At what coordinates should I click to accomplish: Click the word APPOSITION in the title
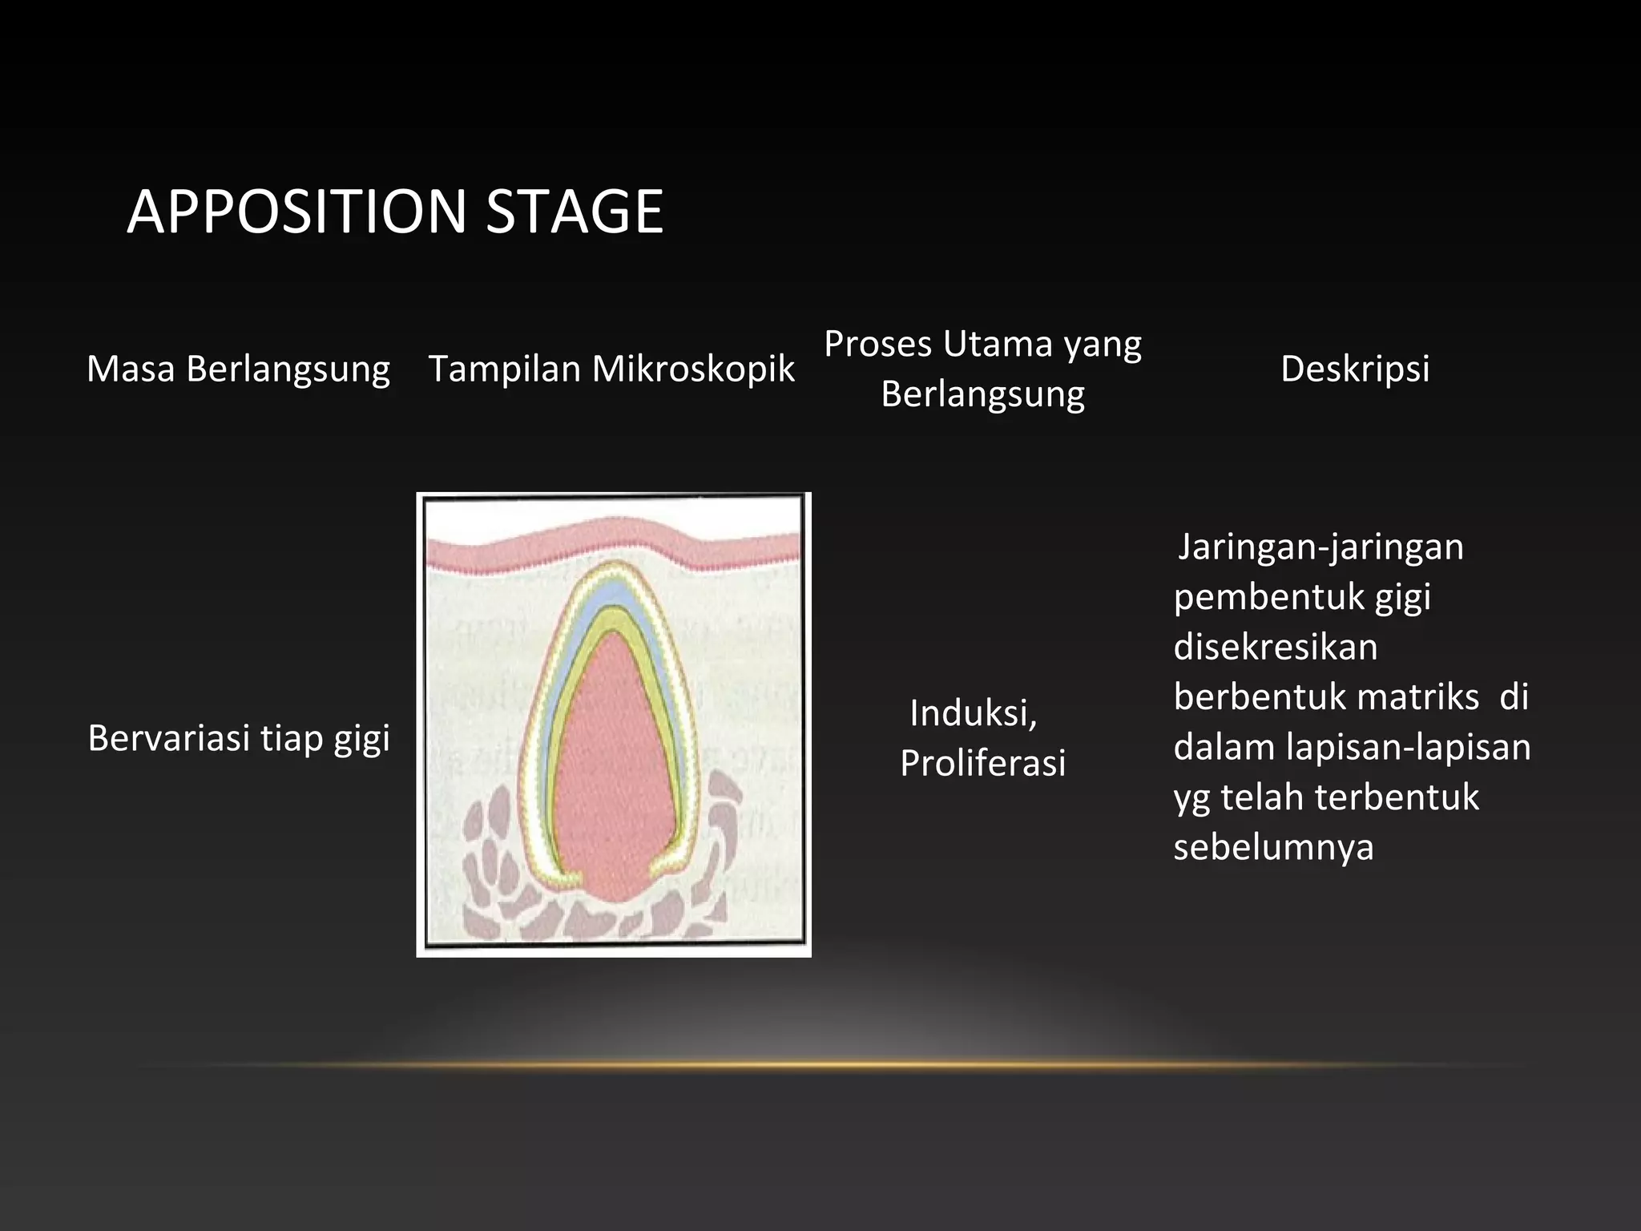point(296,212)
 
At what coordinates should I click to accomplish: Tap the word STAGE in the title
point(575,212)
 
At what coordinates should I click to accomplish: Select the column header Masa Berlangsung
point(238,369)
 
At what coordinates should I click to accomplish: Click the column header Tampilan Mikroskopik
point(611,369)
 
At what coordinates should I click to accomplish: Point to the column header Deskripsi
point(1355,369)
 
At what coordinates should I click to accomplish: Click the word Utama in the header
point(997,344)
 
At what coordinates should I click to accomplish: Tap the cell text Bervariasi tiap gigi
point(238,737)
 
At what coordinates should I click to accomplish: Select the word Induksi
point(973,712)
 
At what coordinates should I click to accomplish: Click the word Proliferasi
point(982,763)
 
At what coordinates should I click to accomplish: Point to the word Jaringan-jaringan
point(1320,547)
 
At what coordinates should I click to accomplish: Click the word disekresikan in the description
point(1275,647)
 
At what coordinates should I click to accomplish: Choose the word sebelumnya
point(1273,846)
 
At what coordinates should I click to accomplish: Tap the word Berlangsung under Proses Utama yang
point(982,394)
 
